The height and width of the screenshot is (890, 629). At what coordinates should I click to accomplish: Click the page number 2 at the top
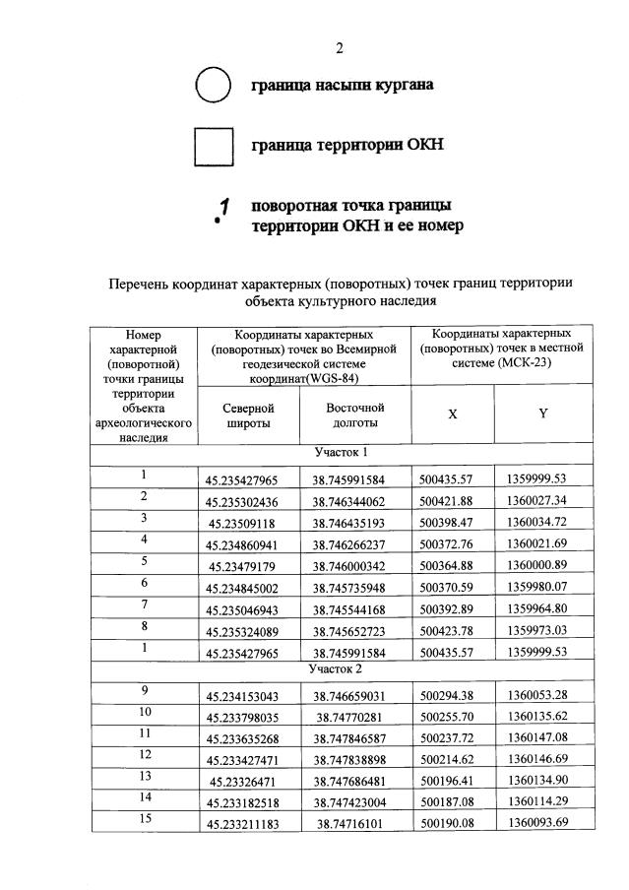tap(339, 47)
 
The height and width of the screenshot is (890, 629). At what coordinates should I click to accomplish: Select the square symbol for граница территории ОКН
tap(213, 147)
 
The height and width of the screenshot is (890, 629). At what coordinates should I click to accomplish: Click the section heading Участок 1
tap(341, 453)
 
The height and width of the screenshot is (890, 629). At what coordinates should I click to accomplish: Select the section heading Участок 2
tap(341, 668)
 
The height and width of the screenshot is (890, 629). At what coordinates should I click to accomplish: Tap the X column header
tap(452, 414)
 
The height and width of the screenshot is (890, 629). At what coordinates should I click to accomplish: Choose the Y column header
tap(542, 414)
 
